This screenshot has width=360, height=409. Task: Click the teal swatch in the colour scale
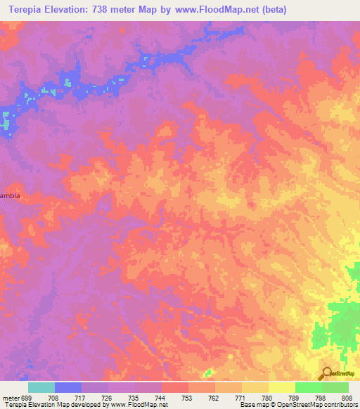(41, 387)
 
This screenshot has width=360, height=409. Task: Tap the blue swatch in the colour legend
(68, 387)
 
